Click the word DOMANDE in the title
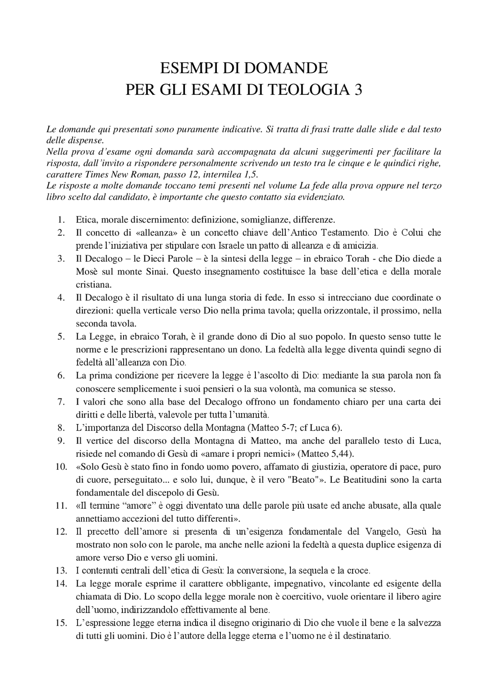[x=286, y=69]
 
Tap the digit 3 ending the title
[x=357, y=90]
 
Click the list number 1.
[x=61, y=220]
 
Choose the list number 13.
[x=61, y=570]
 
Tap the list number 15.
[x=61, y=623]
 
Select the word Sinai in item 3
[x=156, y=272]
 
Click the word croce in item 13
[x=359, y=570]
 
